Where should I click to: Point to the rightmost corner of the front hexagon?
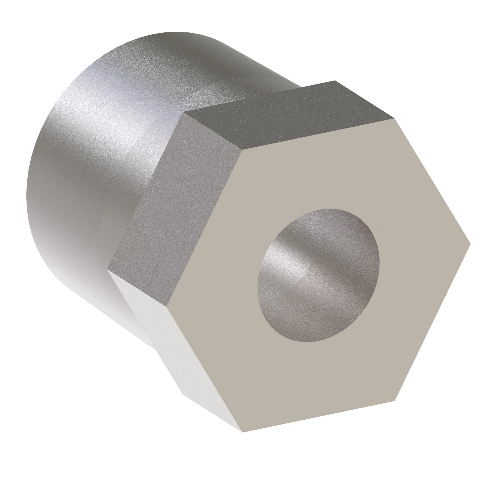tap(471, 244)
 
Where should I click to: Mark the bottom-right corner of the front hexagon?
tap(395, 401)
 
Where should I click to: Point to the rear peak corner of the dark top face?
tap(335, 81)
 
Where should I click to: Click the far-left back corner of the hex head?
tap(108, 270)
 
